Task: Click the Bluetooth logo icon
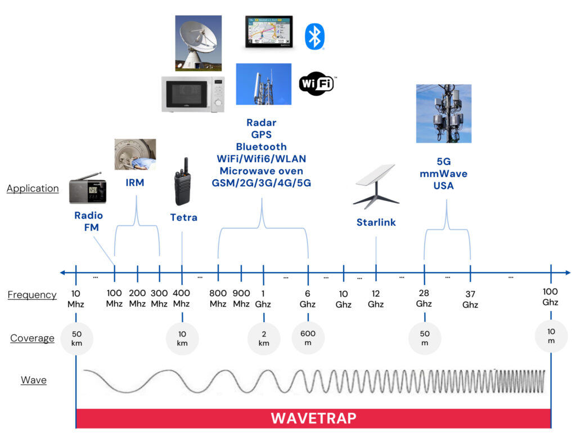pyautogui.click(x=314, y=37)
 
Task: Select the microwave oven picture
pyautogui.click(x=192, y=93)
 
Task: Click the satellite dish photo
pyautogui.click(x=198, y=43)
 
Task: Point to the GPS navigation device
pyautogui.click(x=269, y=33)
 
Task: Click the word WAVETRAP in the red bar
pyautogui.click(x=313, y=418)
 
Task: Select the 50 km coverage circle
pyautogui.click(x=76, y=338)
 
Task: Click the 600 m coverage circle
pyautogui.click(x=308, y=338)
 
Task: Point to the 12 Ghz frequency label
pyautogui.click(x=376, y=299)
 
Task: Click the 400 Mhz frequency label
pyautogui.click(x=182, y=299)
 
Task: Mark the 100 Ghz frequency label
pyautogui.click(x=551, y=297)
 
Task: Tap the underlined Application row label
pyautogui.click(x=33, y=189)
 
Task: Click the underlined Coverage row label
pyautogui.click(x=32, y=338)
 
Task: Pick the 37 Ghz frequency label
pyautogui.click(x=470, y=300)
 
